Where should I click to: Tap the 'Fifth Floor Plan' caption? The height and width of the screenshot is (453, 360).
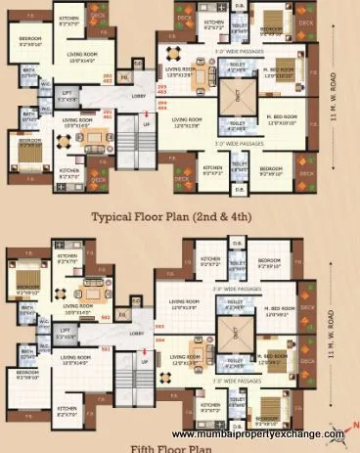tap(179, 447)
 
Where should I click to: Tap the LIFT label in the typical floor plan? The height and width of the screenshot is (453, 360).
tap(66, 97)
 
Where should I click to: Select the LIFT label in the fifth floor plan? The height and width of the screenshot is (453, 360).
tap(66, 333)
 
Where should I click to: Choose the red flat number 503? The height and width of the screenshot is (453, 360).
tap(159, 326)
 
